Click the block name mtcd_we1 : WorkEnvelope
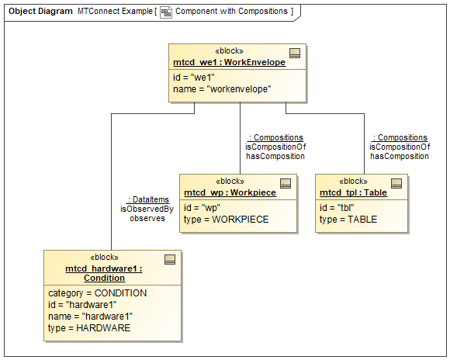(229, 62)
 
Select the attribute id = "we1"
(192, 78)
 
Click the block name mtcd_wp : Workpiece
(230, 192)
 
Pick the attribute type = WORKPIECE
(226, 220)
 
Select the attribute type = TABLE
(348, 220)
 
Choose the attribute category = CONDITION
(98, 293)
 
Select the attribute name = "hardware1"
(91, 317)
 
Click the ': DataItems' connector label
(147, 199)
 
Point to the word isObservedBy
(147, 209)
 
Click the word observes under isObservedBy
(147, 218)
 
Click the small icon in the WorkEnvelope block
(295, 53)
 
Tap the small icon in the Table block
(396, 183)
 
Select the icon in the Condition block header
(170, 259)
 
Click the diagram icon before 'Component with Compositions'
(166, 12)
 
